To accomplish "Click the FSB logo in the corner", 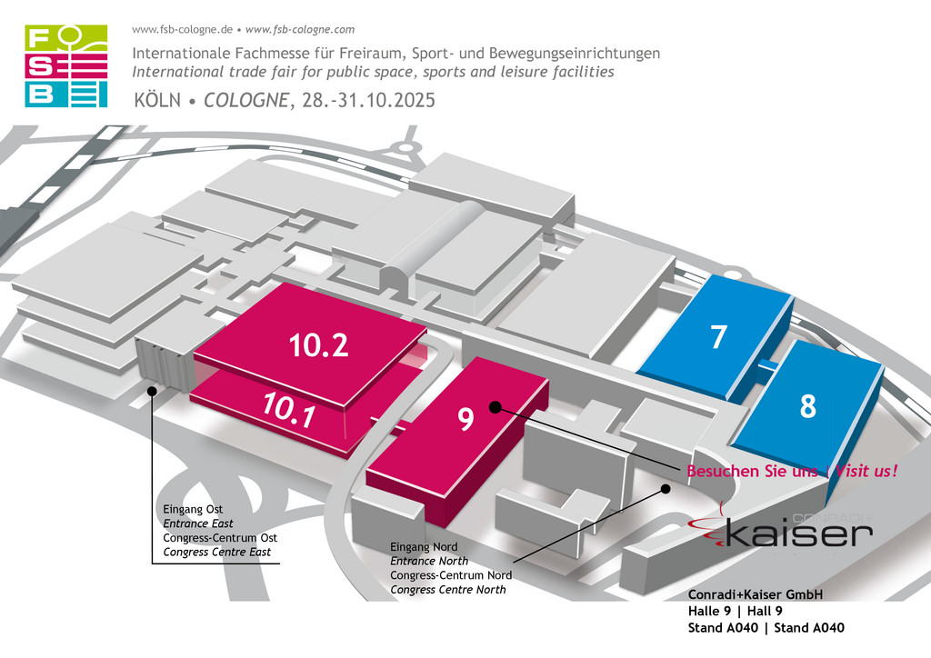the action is (x=65, y=65).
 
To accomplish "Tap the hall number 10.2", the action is (x=319, y=344).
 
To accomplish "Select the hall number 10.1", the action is (x=289, y=409).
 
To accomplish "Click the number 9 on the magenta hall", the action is (x=466, y=418).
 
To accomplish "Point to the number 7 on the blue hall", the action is (x=718, y=336).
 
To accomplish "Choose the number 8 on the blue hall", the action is (x=808, y=406).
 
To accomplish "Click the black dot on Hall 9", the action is (x=495, y=407).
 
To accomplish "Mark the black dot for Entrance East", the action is (x=152, y=391).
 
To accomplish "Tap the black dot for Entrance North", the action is (x=666, y=489).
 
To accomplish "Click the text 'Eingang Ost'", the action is (x=193, y=509).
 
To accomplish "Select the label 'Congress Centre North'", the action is (x=448, y=590).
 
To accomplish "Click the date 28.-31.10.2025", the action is (x=368, y=100).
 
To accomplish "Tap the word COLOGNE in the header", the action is (x=246, y=100).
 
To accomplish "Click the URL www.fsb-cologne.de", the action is (x=182, y=30).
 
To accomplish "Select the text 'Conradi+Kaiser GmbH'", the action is (x=756, y=594).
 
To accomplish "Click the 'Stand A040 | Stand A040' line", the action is (x=766, y=628).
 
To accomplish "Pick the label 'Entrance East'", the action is (x=197, y=523).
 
